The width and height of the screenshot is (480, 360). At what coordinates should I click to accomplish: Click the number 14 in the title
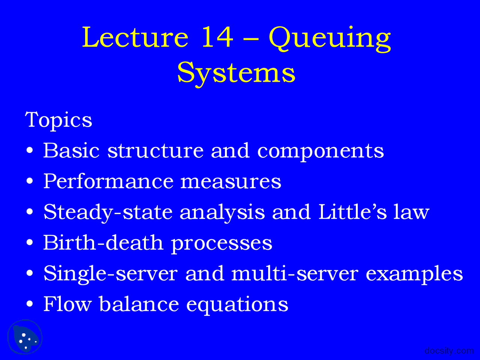pyautogui.click(x=217, y=37)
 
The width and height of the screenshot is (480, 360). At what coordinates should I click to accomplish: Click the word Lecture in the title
pyautogui.click(x=135, y=37)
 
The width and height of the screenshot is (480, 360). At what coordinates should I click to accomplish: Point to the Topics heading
pyautogui.click(x=58, y=120)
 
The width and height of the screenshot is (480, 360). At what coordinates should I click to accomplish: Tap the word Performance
pyautogui.click(x=108, y=181)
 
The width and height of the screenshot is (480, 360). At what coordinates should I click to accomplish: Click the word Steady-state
pyautogui.click(x=108, y=212)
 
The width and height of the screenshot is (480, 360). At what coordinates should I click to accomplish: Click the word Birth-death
pyautogui.click(x=103, y=243)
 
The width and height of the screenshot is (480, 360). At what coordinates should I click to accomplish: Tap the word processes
pyautogui.click(x=222, y=244)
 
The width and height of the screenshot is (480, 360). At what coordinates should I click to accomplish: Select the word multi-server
pyautogui.click(x=294, y=273)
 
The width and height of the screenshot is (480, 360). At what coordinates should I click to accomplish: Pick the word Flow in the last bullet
pyautogui.click(x=67, y=304)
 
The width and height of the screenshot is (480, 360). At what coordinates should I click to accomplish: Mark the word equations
pyautogui.click(x=237, y=305)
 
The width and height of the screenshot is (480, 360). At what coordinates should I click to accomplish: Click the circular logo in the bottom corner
pyautogui.click(x=25, y=337)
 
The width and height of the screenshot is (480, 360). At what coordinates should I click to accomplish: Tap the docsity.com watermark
pyautogui.click(x=449, y=351)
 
